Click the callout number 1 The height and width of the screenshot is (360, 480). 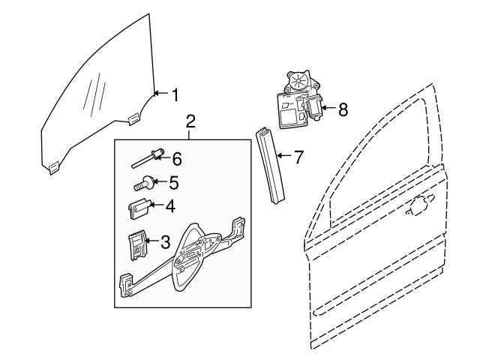point(174,95)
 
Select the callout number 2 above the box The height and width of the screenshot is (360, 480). point(190,121)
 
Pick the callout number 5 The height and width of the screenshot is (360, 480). point(173,181)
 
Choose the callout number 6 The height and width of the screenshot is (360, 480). point(177,158)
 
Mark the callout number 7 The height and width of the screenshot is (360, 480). point(298,157)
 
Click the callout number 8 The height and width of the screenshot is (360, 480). point(343,109)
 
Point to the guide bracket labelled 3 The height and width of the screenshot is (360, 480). point(136,246)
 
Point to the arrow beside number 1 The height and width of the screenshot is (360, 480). point(158,94)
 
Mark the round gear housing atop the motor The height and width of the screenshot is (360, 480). point(297,80)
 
